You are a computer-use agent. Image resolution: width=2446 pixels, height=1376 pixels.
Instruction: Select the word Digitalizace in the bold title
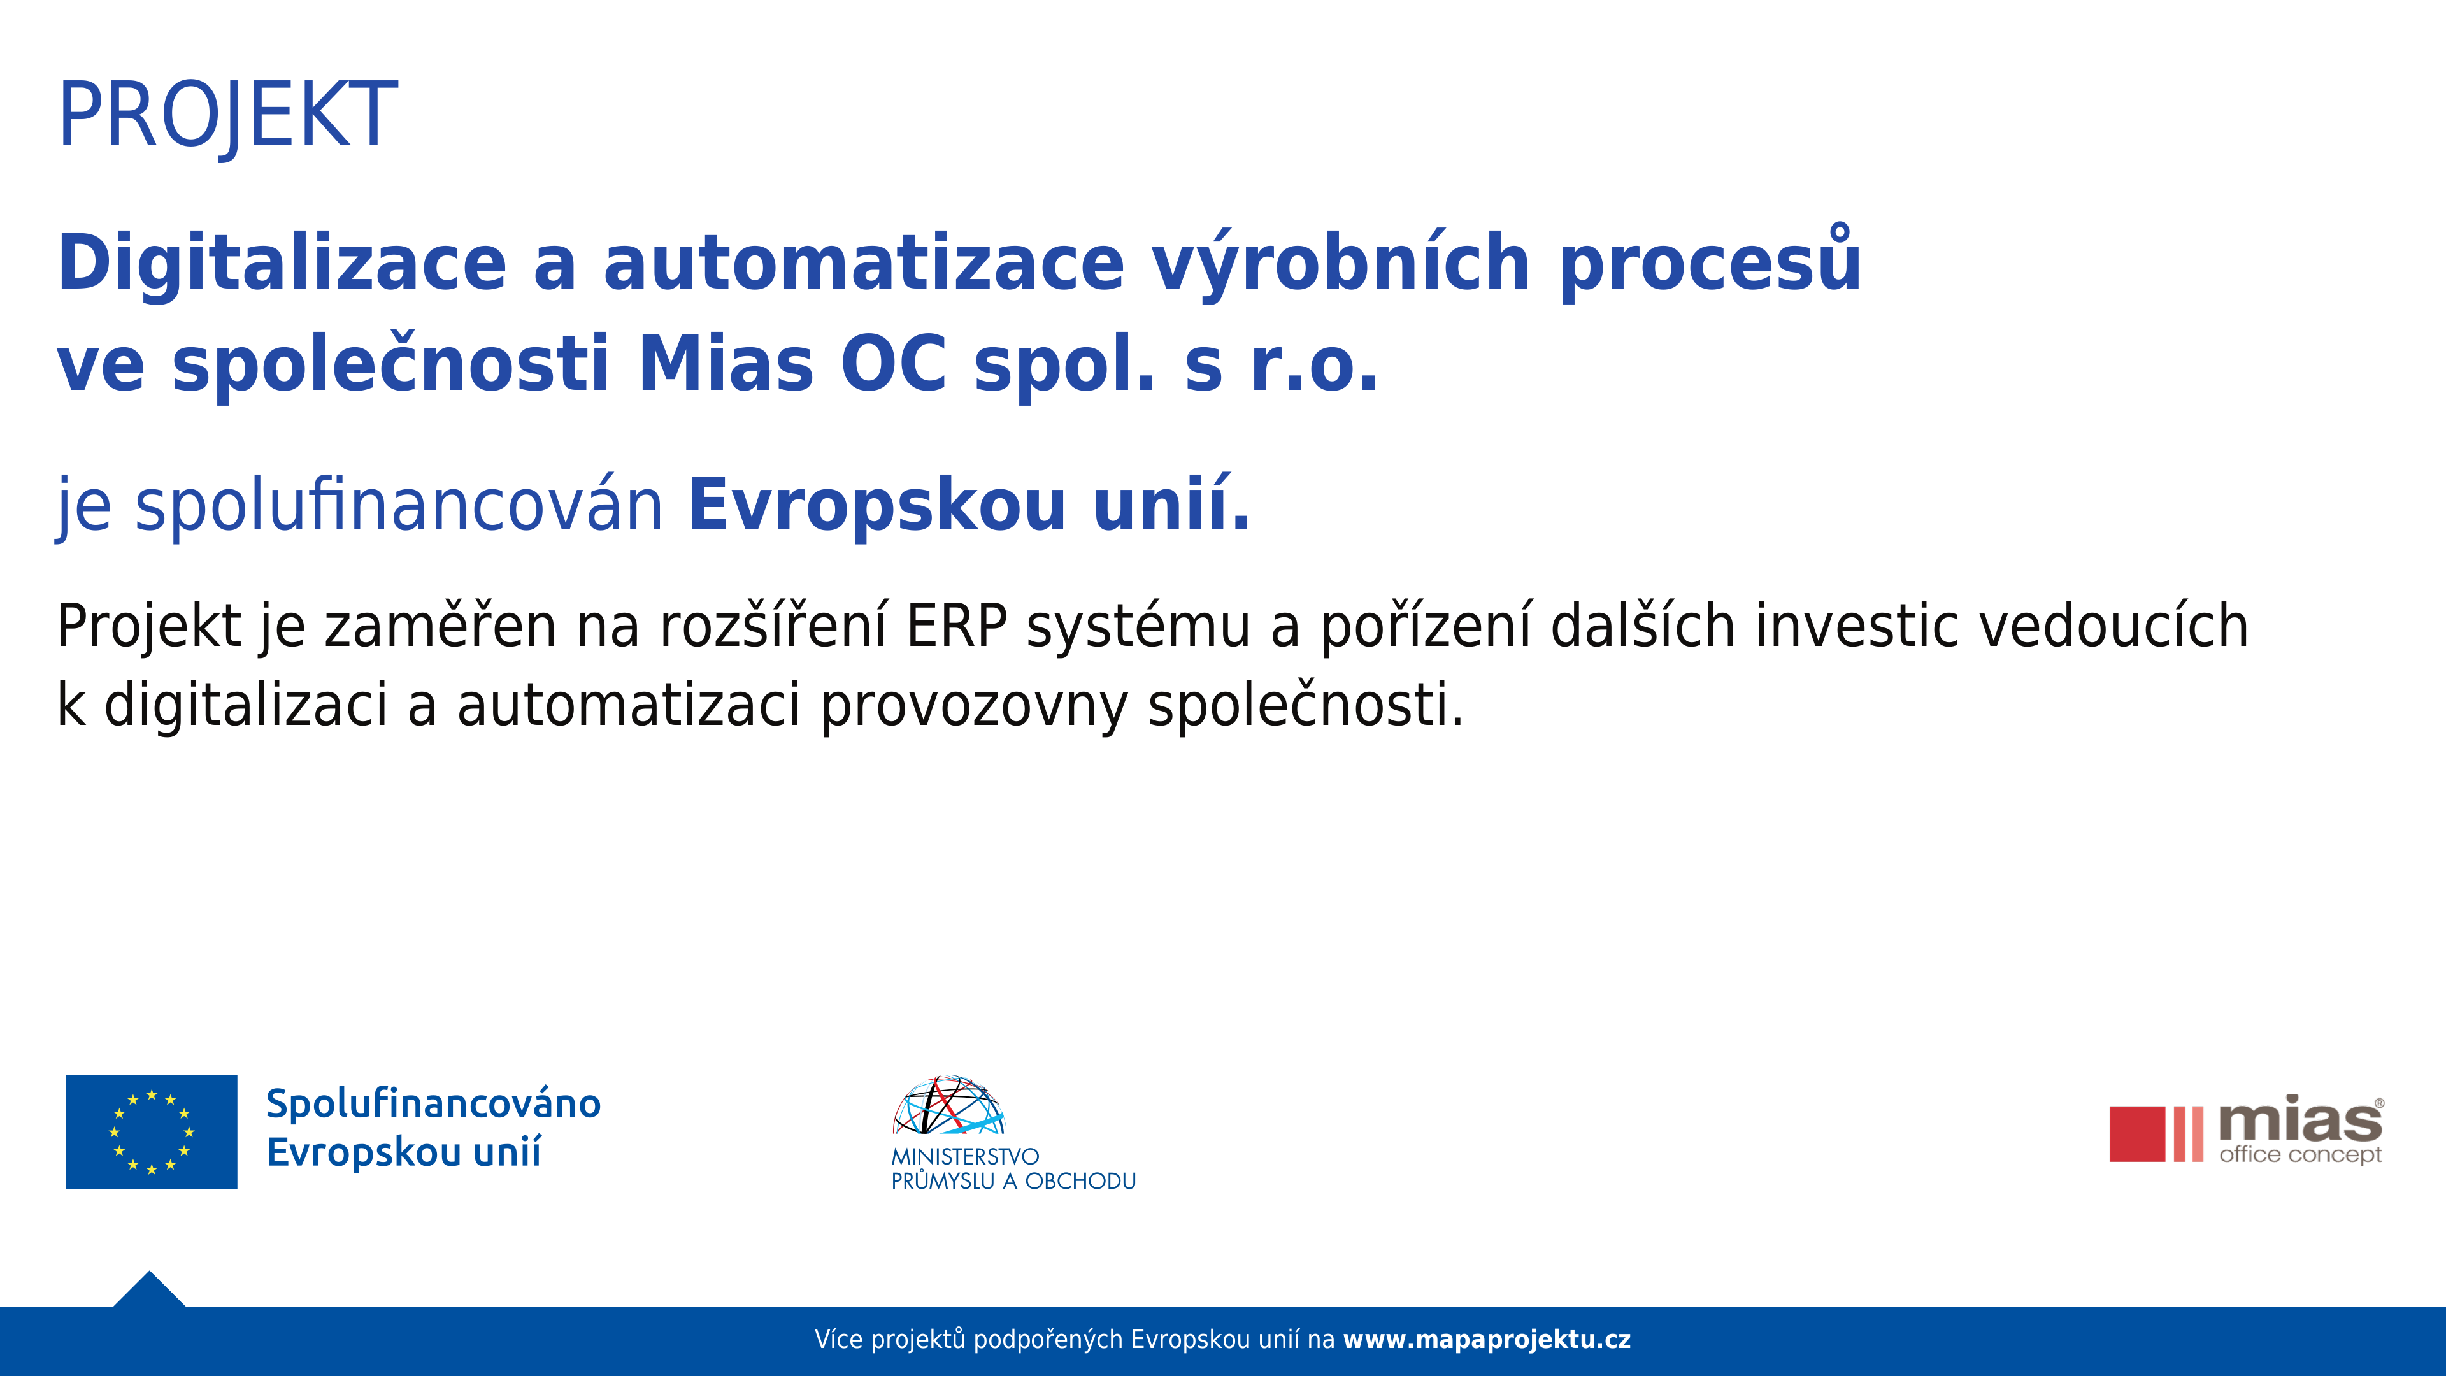click(282, 263)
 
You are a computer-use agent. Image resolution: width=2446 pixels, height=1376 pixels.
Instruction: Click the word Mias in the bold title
click(726, 364)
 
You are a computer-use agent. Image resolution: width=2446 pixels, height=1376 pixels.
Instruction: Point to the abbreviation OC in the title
click(894, 364)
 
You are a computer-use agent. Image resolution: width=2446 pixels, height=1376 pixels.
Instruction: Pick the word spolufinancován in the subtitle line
click(399, 506)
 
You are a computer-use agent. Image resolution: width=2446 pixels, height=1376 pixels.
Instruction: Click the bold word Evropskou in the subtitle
click(877, 506)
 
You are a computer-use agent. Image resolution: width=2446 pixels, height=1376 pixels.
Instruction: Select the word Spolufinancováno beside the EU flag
click(433, 1103)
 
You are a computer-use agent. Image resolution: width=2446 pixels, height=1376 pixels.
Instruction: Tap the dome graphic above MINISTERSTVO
click(948, 1105)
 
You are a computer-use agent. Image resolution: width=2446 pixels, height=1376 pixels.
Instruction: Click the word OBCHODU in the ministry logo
click(1080, 1181)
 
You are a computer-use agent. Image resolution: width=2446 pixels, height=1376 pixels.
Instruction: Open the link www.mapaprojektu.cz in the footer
click(1487, 1340)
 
